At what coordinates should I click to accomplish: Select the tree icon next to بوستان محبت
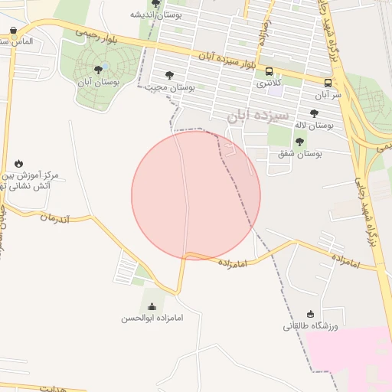tap(169, 75)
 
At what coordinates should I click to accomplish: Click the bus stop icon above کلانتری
tap(269, 71)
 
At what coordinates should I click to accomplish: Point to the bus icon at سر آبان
tap(328, 83)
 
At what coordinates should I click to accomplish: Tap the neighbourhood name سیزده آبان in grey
tap(258, 116)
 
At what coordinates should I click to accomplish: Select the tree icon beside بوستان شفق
tap(299, 141)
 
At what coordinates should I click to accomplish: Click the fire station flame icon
tap(18, 163)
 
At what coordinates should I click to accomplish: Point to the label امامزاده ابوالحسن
tap(152, 318)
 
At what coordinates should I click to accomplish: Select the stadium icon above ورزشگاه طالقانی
tap(310, 314)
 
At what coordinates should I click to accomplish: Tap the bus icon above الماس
tap(15, 31)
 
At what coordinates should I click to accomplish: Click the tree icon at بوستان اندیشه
tap(156, 4)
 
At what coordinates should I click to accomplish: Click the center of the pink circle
tap(196, 195)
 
